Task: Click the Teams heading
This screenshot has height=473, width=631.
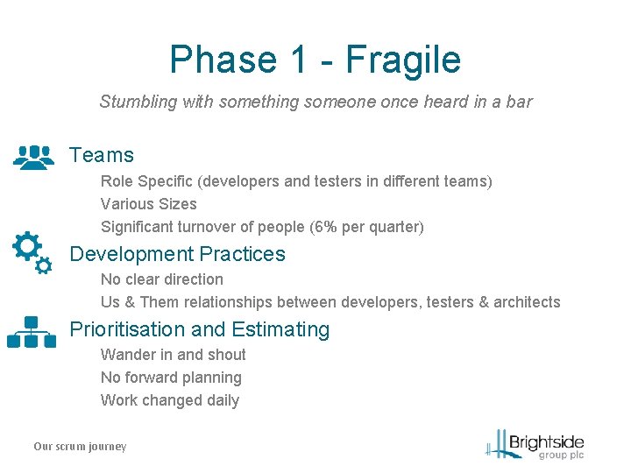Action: point(102,156)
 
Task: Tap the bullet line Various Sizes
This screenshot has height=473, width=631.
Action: point(148,204)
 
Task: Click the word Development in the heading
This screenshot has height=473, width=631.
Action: point(131,254)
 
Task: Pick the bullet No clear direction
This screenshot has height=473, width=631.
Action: point(161,279)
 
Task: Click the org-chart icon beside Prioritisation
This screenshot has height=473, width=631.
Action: point(32,332)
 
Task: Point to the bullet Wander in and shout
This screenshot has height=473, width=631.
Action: point(173,355)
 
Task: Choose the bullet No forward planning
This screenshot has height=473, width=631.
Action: point(171,378)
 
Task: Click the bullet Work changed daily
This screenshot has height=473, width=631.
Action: point(169,400)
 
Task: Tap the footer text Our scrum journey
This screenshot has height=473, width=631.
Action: point(80,447)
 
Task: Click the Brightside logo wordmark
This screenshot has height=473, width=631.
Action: point(545,441)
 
